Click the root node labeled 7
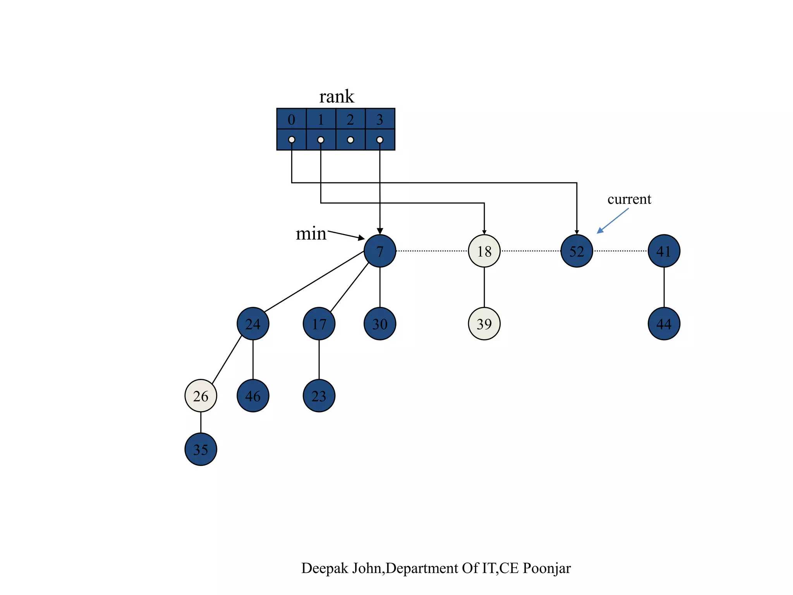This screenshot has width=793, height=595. (380, 251)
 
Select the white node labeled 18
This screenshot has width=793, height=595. (484, 251)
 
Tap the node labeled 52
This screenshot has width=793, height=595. (577, 251)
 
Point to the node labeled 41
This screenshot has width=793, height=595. (664, 251)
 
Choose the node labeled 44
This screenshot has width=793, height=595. (664, 323)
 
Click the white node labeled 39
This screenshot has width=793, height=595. (484, 323)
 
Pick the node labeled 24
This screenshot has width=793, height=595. (253, 323)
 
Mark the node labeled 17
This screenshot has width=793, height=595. (319, 323)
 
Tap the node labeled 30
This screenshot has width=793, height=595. (380, 323)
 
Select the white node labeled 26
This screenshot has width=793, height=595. (201, 396)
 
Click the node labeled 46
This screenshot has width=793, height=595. (253, 396)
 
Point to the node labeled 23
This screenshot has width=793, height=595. (319, 396)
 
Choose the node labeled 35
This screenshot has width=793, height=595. (201, 449)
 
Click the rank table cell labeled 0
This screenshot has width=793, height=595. (292, 119)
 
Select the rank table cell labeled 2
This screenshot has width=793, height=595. (350, 119)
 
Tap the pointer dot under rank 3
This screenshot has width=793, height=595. (380, 140)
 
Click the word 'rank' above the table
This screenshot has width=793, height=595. (336, 96)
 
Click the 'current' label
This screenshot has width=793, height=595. (629, 199)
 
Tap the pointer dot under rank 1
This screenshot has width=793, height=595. (321, 140)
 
